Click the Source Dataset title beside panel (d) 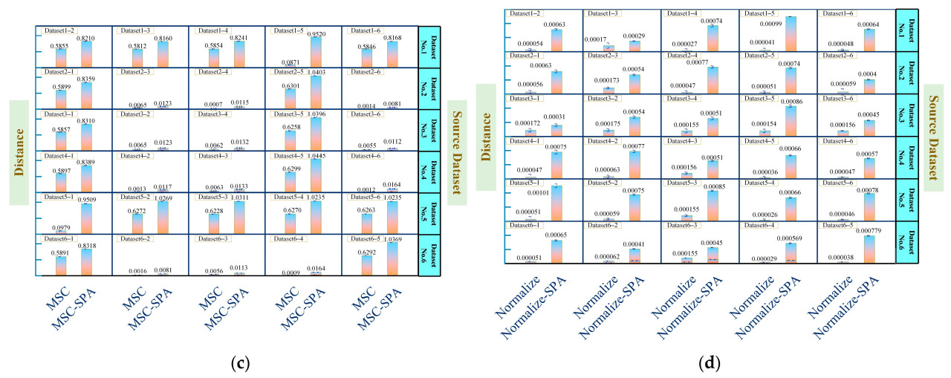938,132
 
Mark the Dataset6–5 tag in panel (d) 839,224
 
